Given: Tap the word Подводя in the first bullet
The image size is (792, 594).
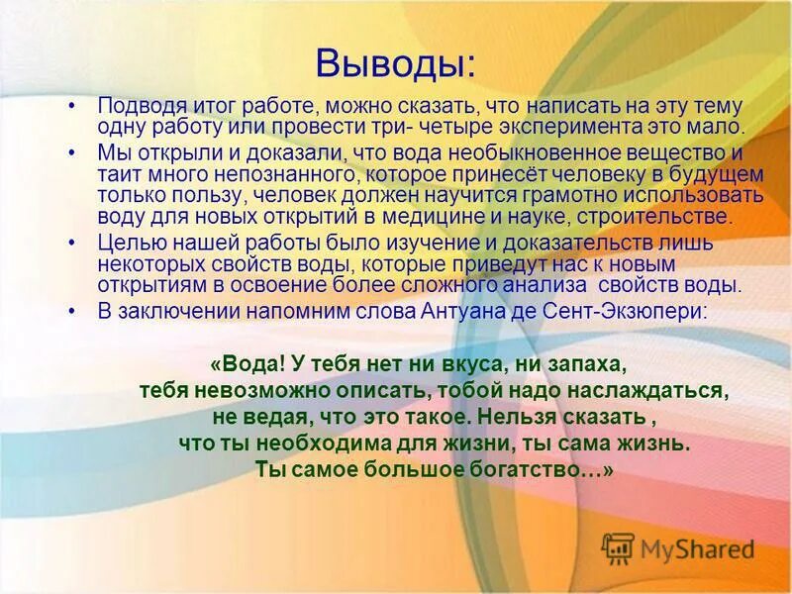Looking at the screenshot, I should click(x=135, y=106).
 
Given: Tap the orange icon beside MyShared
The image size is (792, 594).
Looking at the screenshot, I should click(x=618, y=548).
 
